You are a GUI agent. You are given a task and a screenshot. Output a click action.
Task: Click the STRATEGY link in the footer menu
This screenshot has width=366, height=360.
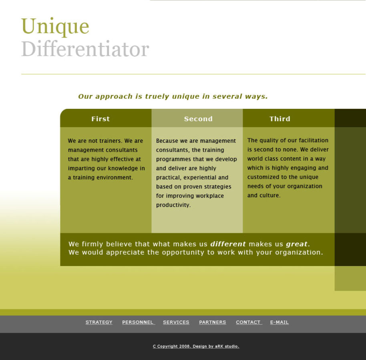click(x=99, y=322)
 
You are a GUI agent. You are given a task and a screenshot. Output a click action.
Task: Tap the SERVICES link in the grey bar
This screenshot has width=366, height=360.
click(x=176, y=322)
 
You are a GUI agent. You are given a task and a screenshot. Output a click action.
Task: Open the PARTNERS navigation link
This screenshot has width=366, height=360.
click(x=212, y=322)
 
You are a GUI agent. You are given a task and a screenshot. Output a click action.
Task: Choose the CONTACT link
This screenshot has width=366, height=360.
click(x=248, y=322)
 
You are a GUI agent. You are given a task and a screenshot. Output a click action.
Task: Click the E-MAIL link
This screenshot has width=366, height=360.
click(x=280, y=322)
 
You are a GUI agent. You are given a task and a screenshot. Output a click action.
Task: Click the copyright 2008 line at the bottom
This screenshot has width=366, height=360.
click(x=196, y=346)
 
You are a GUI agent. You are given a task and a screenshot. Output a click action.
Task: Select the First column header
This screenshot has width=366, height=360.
click(x=101, y=119)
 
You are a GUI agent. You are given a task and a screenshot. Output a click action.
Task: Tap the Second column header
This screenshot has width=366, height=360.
click(x=198, y=119)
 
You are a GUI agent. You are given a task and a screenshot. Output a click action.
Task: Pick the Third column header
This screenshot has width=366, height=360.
click(x=280, y=119)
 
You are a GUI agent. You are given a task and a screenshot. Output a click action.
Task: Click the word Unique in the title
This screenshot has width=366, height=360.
click(x=55, y=26)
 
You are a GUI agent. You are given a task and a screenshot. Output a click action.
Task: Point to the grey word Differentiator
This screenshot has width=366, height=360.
click(x=85, y=48)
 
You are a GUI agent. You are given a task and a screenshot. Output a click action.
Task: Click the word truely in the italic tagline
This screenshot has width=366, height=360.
click(x=157, y=96)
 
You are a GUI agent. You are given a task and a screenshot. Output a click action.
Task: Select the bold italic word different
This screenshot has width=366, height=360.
click(x=228, y=244)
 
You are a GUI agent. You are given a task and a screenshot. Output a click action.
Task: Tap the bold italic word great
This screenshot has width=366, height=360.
click(x=297, y=244)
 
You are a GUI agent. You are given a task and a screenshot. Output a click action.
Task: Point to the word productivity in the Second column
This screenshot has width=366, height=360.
click(x=173, y=205)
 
